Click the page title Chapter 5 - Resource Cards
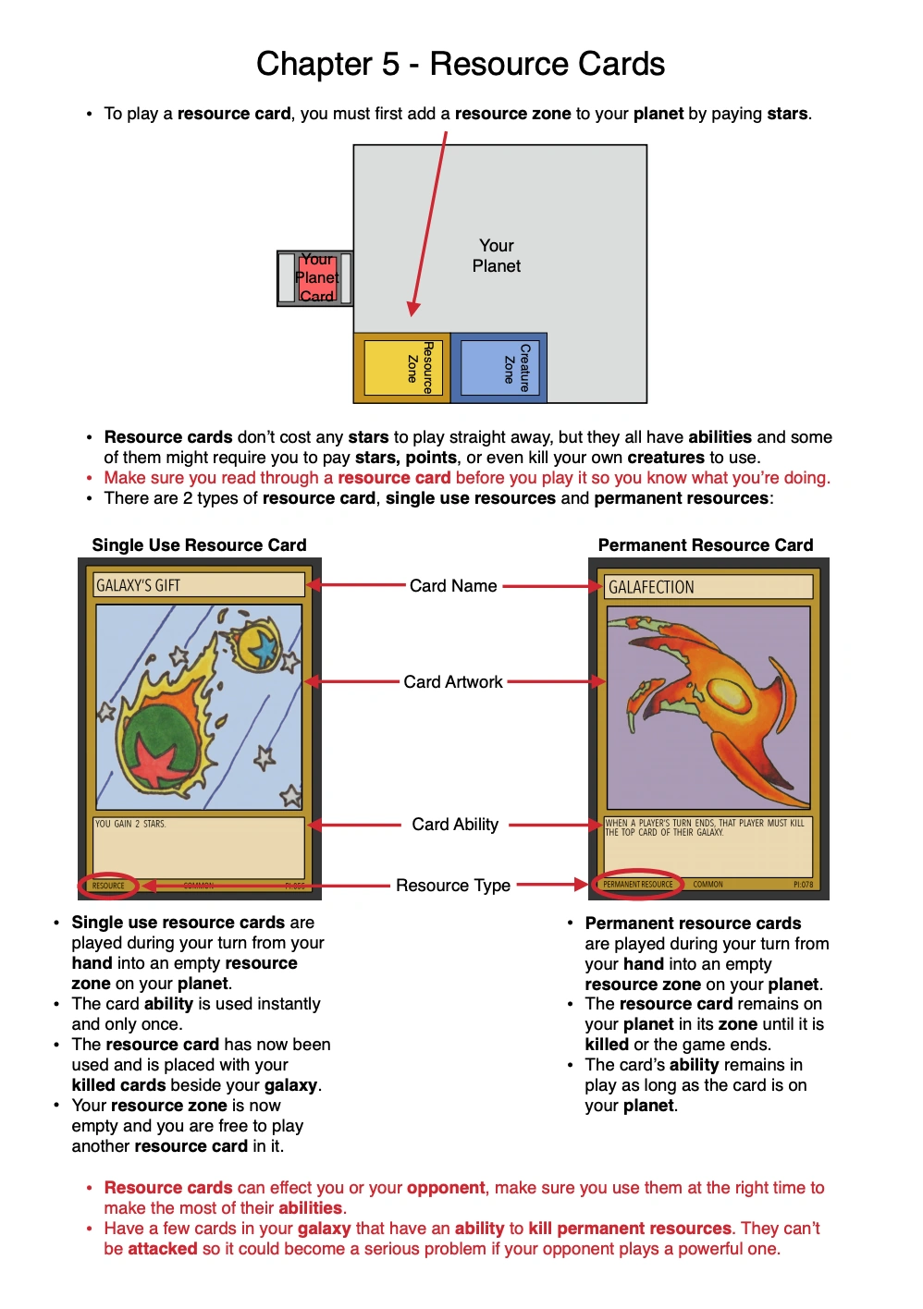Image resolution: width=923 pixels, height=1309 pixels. [x=461, y=64]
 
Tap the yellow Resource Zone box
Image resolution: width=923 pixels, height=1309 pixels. [x=403, y=368]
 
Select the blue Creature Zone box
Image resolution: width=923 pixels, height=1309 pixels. [x=499, y=368]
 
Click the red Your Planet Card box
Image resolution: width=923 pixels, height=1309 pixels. [x=316, y=277]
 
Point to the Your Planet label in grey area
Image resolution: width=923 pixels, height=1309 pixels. [x=497, y=256]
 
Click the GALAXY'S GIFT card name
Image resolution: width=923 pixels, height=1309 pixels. [x=139, y=585]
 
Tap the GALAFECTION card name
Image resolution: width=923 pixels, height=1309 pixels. [x=651, y=587]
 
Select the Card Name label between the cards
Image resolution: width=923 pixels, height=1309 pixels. [x=453, y=586]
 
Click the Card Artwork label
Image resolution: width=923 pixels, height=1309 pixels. [x=453, y=682]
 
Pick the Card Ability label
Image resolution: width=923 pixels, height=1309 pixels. [x=455, y=825]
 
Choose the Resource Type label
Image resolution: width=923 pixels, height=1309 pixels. [x=453, y=886]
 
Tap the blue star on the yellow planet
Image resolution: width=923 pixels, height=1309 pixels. [x=263, y=648]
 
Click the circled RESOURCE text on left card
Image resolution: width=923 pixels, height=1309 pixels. [x=108, y=886]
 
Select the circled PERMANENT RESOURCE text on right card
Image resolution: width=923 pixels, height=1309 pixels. [x=638, y=885]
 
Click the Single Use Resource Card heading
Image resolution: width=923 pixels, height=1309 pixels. [x=199, y=545]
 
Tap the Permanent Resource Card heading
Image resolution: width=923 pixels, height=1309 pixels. [x=706, y=545]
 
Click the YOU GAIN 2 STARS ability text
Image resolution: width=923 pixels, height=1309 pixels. [x=131, y=824]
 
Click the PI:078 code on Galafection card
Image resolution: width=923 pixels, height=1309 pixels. [x=803, y=885]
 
